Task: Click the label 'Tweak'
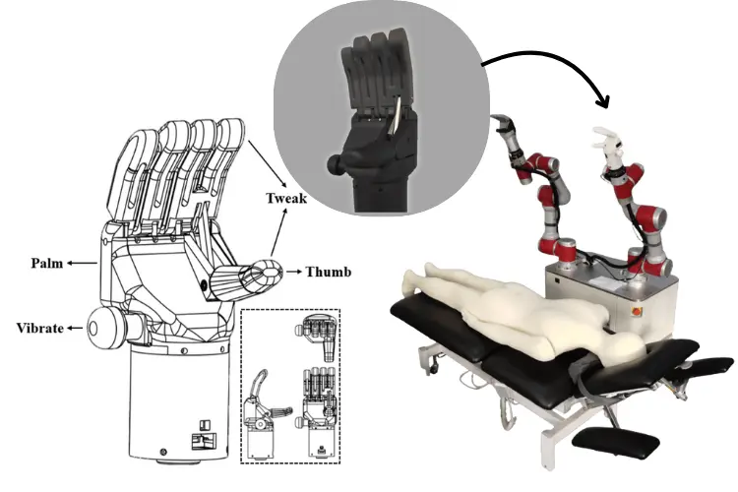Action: [x=286, y=198]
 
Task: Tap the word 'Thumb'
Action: [x=329, y=272]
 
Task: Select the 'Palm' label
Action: [x=47, y=263]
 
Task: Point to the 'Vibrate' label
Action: [x=40, y=328]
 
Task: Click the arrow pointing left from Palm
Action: [x=82, y=263]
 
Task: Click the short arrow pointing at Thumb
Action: [x=293, y=272]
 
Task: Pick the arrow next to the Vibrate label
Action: [x=75, y=328]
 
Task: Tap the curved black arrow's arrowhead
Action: [x=603, y=100]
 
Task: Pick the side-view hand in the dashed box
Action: [x=264, y=413]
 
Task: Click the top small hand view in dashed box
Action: [x=316, y=336]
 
